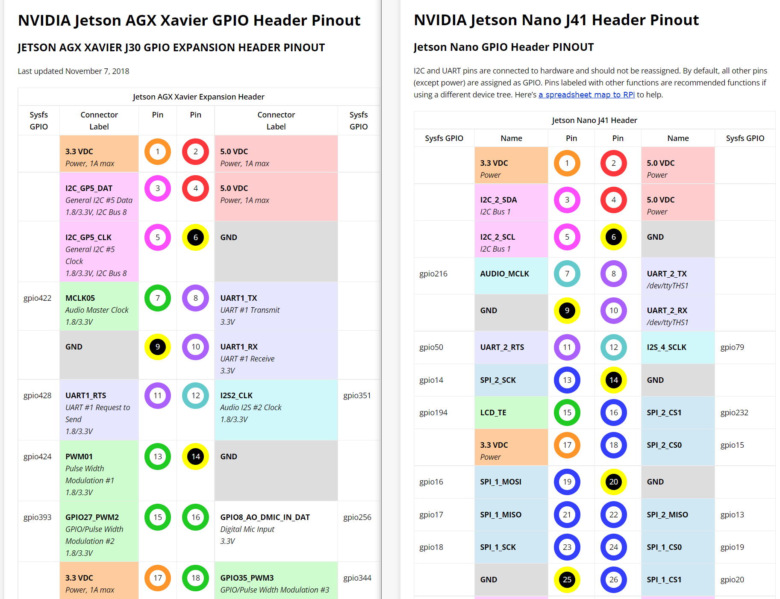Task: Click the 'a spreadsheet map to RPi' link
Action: click(x=586, y=94)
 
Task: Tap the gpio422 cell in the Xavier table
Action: click(x=38, y=298)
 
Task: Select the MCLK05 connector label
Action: click(x=80, y=298)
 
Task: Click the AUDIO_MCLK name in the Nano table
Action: click(x=505, y=273)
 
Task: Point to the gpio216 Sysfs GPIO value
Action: click(x=433, y=273)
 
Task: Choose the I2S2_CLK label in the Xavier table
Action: click(x=236, y=395)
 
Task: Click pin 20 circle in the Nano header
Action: click(x=614, y=482)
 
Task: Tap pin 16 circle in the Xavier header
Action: click(x=196, y=517)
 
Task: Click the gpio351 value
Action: click(x=357, y=395)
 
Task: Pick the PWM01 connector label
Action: click(x=79, y=456)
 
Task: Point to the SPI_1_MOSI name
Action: click(x=501, y=482)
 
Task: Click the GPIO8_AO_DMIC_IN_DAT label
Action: click(x=265, y=517)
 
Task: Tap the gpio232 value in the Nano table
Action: click(x=734, y=412)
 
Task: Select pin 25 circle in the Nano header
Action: click(x=567, y=579)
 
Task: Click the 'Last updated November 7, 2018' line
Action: click(x=74, y=71)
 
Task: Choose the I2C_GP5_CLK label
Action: click(x=88, y=237)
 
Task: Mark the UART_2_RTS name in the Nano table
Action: click(x=502, y=347)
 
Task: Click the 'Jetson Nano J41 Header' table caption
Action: click(x=595, y=120)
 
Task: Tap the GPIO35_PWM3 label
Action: click(x=247, y=578)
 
